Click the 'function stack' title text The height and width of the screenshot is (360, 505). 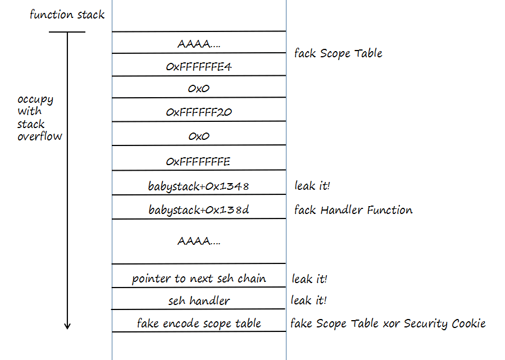pyautogui.click(x=67, y=15)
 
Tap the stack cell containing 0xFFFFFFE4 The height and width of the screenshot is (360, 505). pyautogui.click(x=199, y=67)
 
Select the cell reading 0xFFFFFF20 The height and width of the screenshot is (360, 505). pyautogui.click(x=199, y=112)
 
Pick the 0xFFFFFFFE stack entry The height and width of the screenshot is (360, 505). pyautogui.click(x=199, y=162)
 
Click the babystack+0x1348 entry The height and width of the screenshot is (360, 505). pyautogui.click(x=199, y=186)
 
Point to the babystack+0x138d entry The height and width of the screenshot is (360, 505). pyautogui.click(x=199, y=211)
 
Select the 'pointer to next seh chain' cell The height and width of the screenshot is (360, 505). pyautogui.click(x=199, y=279)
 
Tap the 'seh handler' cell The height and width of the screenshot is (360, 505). pyautogui.click(x=199, y=301)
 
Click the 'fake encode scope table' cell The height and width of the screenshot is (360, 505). pyautogui.click(x=199, y=323)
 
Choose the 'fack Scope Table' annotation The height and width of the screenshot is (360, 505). pyautogui.click(x=338, y=53)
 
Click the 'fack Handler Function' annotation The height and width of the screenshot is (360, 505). pyautogui.click(x=353, y=210)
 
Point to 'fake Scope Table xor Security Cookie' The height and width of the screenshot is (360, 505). pyautogui.click(x=388, y=323)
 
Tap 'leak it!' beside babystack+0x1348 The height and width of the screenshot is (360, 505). pyautogui.click(x=312, y=185)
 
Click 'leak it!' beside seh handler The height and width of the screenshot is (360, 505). pyautogui.click(x=309, y=301)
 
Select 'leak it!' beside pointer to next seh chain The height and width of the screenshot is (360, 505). pyautogui.click(x=310, y=279)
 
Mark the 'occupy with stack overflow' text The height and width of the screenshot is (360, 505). pyautogui.click(x=39, y=117)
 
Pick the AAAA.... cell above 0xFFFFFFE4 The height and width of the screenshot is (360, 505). pyautogui.click(x=199, y=43)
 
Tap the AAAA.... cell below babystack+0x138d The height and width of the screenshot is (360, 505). pyautogui.click(x=199, y=241)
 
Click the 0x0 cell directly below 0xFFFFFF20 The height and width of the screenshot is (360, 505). pyautogui.click(x=199, y=136)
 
